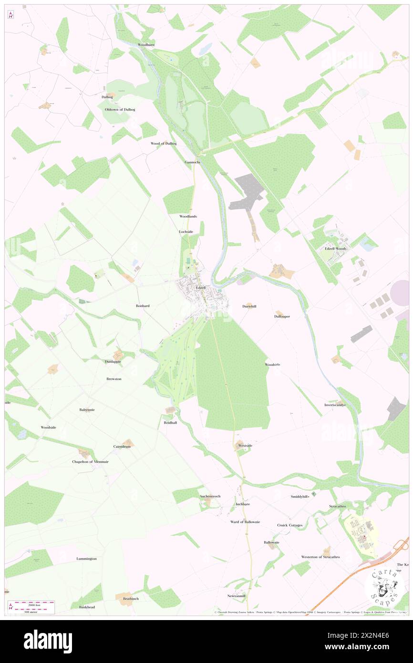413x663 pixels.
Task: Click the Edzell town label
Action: (x=201, y=288)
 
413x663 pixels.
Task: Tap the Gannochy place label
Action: (x=193, y=162)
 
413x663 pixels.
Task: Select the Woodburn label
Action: (x=146, y=44)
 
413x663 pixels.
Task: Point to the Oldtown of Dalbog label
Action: (x=120, y=109)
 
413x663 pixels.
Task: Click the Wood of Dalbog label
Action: (x=164, y=143)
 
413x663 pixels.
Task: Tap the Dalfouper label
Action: (x=282, y=316)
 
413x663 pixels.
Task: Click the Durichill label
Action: (x=249, y=306)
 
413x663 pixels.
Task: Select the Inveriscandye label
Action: (x=335, y=404)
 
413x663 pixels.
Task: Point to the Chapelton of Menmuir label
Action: (x=90, y=462)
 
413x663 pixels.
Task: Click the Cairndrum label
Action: (x=122, y=446)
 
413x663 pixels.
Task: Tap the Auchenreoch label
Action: (x=210, y=496)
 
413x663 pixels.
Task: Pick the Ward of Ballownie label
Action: (x=245, y=522)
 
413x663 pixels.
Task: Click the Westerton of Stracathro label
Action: (x=320, y=557)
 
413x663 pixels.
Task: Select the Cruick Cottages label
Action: (x=289, y=525)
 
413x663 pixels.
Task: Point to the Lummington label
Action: (x=86, y=558)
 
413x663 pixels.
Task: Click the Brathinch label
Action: (x=127, y=598)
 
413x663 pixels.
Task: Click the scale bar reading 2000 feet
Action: (x=34, y=604)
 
